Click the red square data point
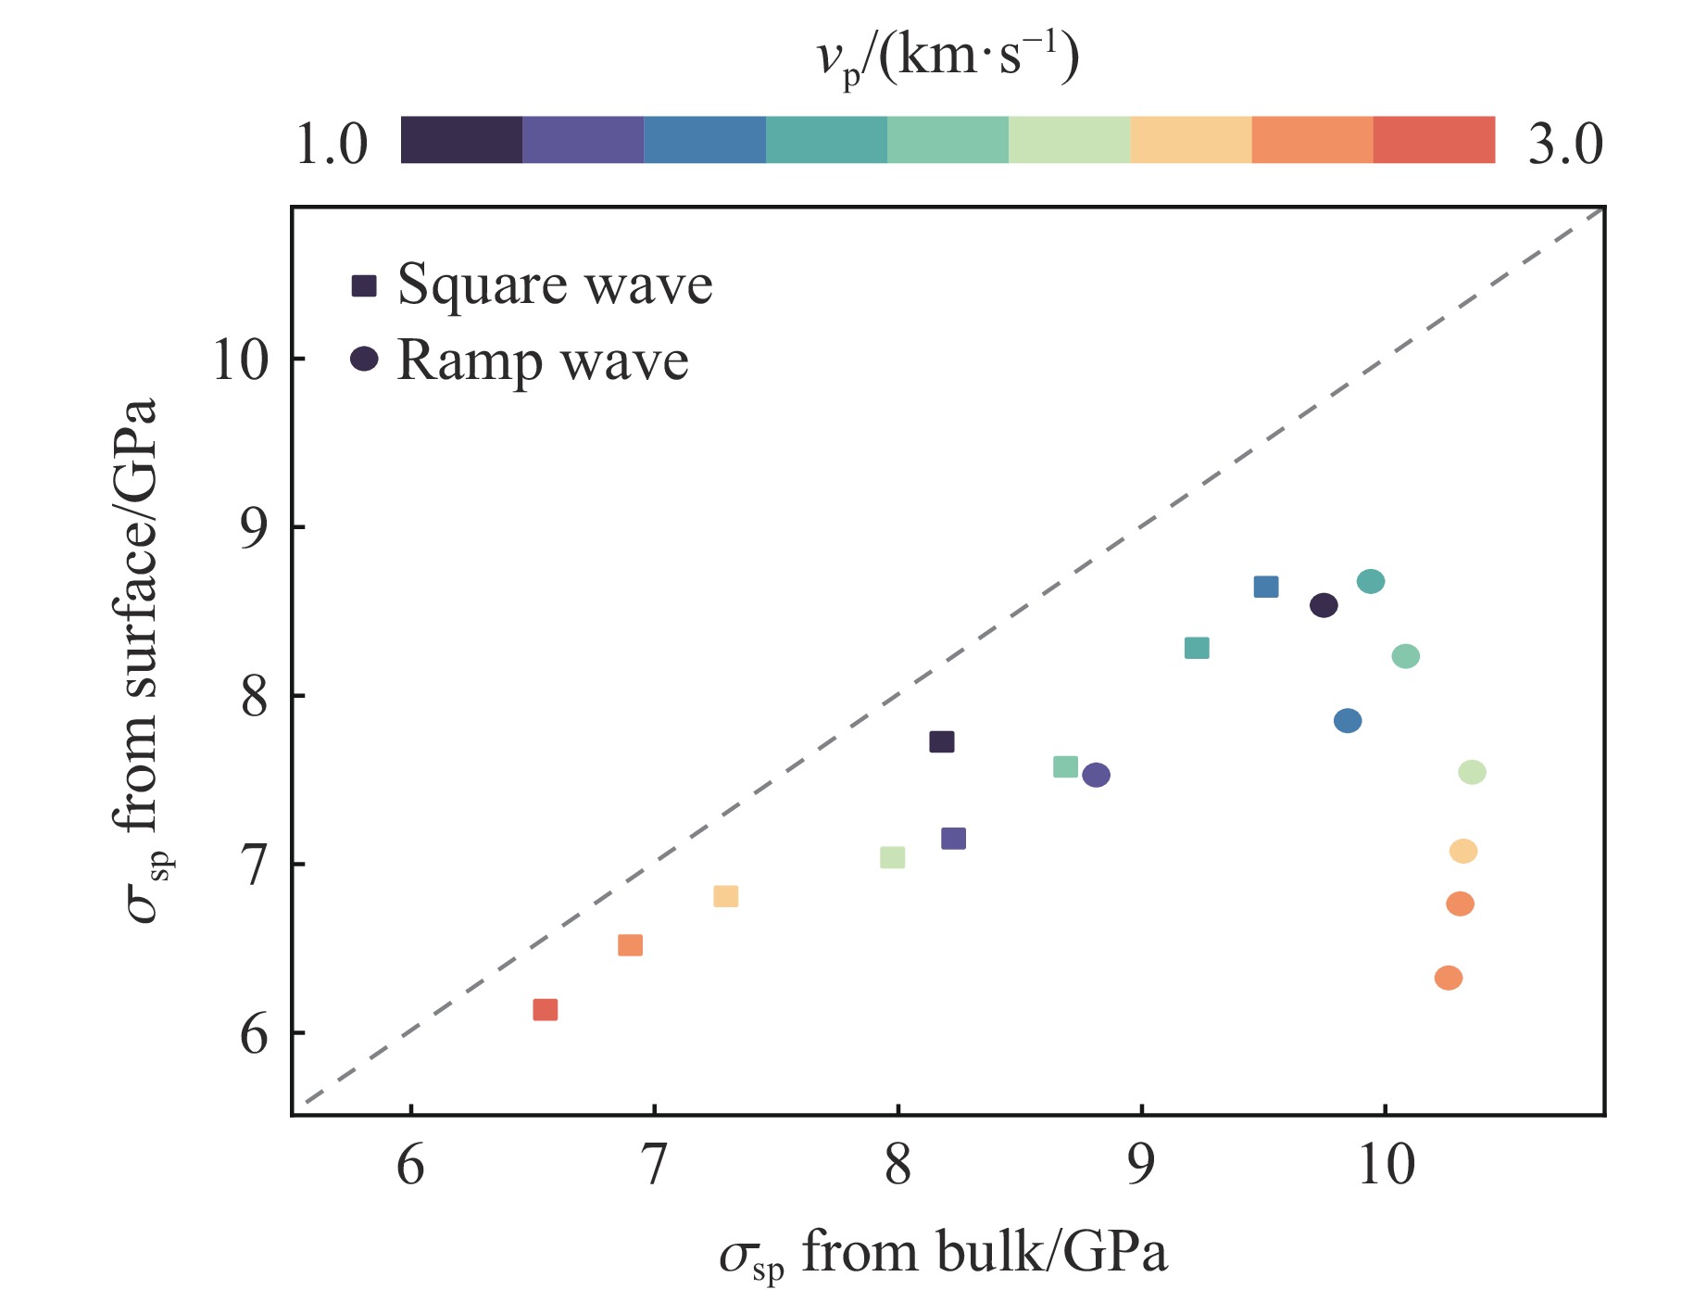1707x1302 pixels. (x=546, y=1010)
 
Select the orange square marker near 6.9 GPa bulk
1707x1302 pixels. (x=630, y=945)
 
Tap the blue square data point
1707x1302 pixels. (x=1266, y=587)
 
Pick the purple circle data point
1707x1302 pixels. (x=1096, y=775)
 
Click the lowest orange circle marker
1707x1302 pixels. (x=1449, y=978)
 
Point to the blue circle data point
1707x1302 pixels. (x=1348, y=721)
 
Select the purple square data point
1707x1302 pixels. (x=953, y=839)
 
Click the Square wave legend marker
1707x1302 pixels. (x=364, y=285)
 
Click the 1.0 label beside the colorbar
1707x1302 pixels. (x=332, y=145)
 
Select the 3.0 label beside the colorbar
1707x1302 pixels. (x=1564, y=145)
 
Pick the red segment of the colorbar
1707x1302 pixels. (x=1434, y=140)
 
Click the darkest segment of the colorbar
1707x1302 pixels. (x=461, y=140)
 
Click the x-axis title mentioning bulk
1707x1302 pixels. (x=943, y=1254)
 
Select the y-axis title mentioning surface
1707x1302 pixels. (x=141, y=660)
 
